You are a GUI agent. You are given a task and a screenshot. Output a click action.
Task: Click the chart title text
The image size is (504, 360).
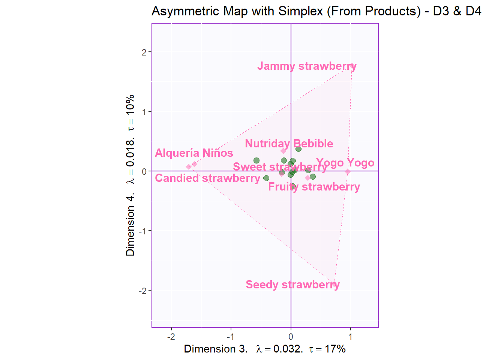(x=316, y=11)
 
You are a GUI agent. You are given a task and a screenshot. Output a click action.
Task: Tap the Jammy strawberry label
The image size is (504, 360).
(x=306, y=66)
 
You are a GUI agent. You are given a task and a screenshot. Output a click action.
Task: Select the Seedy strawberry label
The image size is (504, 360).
(x=292, y=285)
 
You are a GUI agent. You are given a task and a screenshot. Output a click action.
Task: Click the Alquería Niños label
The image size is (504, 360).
(x=194, y=153)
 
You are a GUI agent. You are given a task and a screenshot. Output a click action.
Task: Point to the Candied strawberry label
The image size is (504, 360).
(x=207, y=178)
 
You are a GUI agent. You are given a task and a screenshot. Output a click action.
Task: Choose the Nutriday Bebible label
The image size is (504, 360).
(x=289, y=144)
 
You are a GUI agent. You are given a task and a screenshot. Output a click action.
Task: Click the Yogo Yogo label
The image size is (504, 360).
(x=345, y=163)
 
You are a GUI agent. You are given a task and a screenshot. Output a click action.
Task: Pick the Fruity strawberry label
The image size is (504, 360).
(x=314, y=187)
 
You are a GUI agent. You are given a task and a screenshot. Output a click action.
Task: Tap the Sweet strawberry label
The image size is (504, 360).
(x=280, y=167)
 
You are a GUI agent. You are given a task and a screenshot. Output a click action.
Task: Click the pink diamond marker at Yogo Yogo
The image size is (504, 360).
(x=348, y=172)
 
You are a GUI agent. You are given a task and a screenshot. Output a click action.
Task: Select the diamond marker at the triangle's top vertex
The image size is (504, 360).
(x=352, y=66)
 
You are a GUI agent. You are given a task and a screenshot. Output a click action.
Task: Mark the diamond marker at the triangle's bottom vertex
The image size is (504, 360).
(x=334, y=284)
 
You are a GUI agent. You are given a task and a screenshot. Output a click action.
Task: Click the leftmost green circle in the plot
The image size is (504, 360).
(x=256, y=160)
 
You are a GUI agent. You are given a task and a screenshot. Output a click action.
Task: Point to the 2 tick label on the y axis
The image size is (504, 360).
(x=144, y=52)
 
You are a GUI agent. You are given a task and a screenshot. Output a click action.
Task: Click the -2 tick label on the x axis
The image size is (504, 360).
(x=171, y=337)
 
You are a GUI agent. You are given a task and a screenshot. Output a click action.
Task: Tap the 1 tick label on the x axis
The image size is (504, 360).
(x=350, y=337)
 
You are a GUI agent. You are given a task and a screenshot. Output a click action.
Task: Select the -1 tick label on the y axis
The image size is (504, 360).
(x=143, y=231)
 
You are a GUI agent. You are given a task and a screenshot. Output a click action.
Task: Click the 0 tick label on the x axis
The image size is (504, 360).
(x=291, y=337)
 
